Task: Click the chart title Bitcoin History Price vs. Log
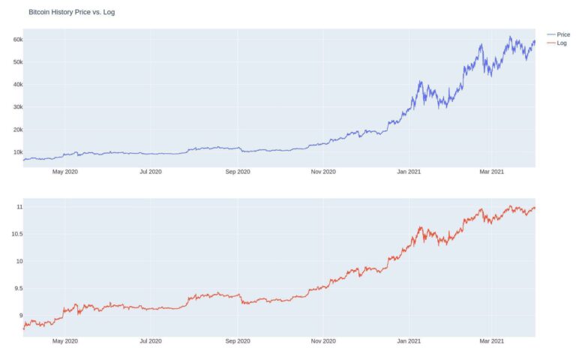click(71, 12)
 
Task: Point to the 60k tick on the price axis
click(17, 39)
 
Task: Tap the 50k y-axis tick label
click(17, 61)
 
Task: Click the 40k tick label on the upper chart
click(17, 84)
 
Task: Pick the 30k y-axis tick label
click(17, 106)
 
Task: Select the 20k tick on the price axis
click(17, 129)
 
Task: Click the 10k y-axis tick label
click(17, 151)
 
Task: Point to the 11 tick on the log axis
click(19, 206)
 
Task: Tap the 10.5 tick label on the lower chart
click(16, 234)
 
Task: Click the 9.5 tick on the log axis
click(17, 288)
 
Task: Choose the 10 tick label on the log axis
click(19, 261)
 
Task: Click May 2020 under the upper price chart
click(65, 172)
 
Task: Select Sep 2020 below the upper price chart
click(237, 172)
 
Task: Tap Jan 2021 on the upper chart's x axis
click(409, 172)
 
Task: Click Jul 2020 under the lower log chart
click(151, 341)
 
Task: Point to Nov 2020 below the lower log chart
click(323, 341)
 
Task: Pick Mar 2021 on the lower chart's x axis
click(491, 341)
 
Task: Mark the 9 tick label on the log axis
click(20, 316)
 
